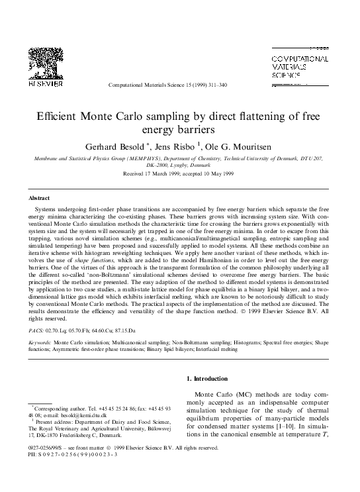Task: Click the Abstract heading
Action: [x=40, y=198]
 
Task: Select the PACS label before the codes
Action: [x=36, y=328]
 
